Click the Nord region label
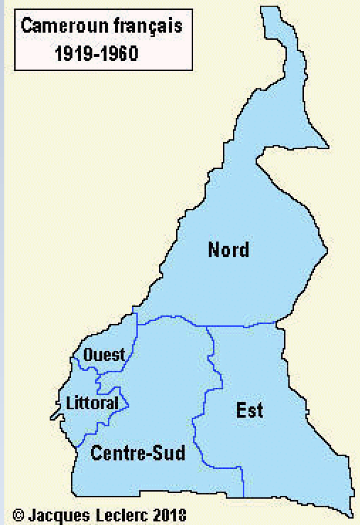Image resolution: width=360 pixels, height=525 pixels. [x=228, y=249]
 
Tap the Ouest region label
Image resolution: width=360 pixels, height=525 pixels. [x=104, y=354]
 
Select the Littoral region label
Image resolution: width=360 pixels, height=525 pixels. [x=92, y=403]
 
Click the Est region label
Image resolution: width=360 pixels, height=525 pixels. [x=249, y=410]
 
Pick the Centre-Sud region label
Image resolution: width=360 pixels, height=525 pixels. [x=138, y=453]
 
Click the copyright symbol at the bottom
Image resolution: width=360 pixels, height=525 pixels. [x=18, y=514]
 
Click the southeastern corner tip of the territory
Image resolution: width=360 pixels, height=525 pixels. [x=351, y=514]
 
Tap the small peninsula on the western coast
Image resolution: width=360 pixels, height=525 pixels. [x=55, y=411]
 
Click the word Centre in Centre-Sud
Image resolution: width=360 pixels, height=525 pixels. [x=120, y=453]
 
